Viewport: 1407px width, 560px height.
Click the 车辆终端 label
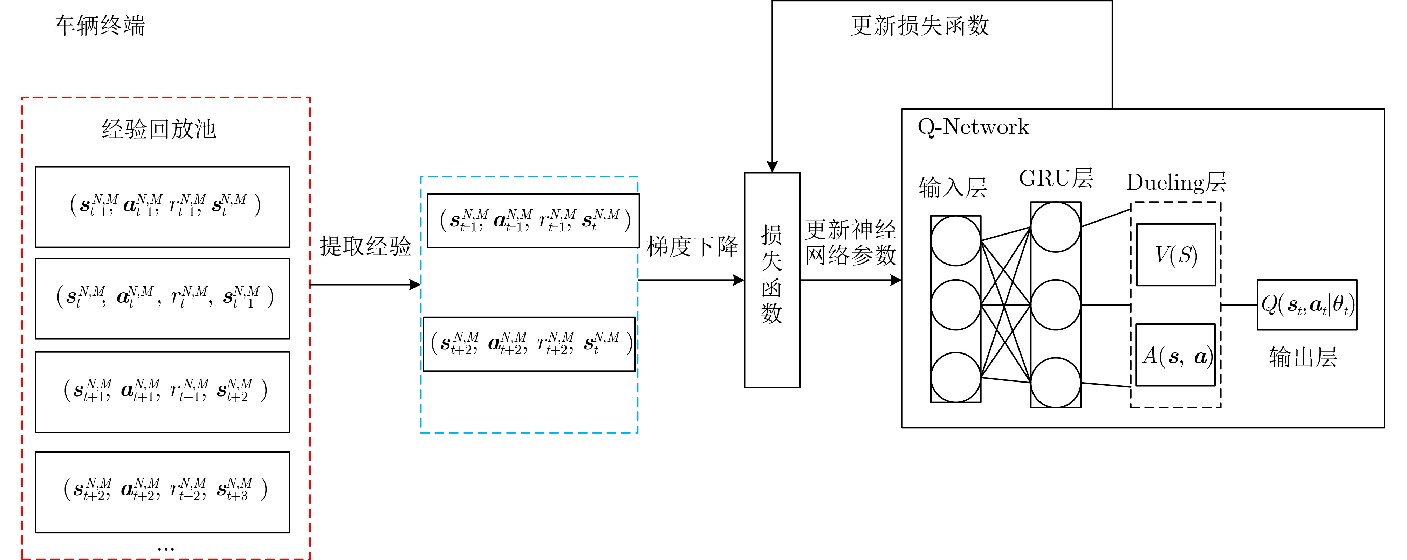click(99, 26)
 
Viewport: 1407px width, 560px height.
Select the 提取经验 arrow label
click(365, 246)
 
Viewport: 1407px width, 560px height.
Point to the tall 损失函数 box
click(772, 280)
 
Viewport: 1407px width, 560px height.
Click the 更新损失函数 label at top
click(920, 26)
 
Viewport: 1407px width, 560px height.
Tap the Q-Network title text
click(973, 127)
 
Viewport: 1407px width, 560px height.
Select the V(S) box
click(1176, 255)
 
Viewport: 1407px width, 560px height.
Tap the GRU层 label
click(1056, 178)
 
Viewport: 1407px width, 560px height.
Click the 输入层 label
click(953, 188)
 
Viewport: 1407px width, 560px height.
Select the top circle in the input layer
click(955, 241)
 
